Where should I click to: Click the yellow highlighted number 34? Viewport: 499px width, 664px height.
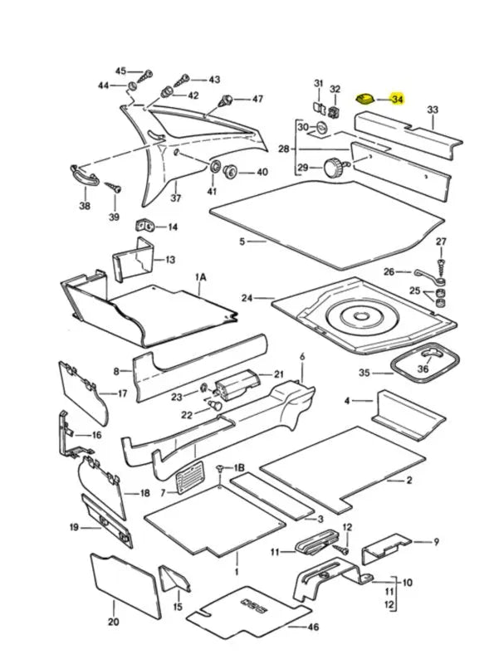(x=398, y=100)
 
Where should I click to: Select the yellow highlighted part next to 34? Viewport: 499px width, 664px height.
(x=364, y=99)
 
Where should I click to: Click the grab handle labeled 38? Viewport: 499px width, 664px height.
(x=85, y=175)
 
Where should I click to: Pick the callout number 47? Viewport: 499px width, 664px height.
(x=257, y=99)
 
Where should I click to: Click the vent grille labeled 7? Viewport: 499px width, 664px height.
(x=189, y=478)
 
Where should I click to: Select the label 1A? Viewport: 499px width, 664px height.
(x=200, y=277)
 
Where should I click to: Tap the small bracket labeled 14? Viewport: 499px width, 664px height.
(x=144, y=226)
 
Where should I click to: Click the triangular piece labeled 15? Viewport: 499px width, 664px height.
(x=174, y=578)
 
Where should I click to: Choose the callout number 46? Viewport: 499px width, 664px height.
(x=313, y=627)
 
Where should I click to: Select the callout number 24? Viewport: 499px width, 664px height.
(x=247, y=298)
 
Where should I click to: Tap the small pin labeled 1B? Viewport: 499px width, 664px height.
(x=220, y=468)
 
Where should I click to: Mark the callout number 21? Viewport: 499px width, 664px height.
(x=278, y=374)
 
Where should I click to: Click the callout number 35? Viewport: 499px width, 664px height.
(x=364, y=373)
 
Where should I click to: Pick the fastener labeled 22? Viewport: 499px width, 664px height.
(x=216, y=406)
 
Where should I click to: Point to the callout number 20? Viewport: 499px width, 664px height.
(x=114, y=622)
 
